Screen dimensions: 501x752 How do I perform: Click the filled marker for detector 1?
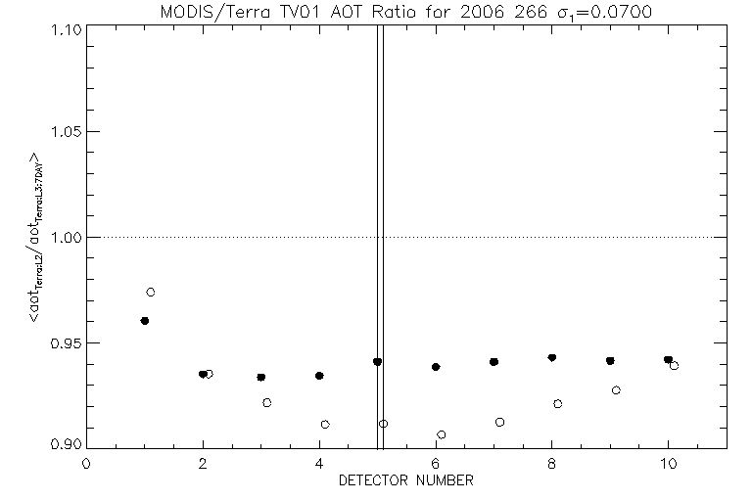point(145,321)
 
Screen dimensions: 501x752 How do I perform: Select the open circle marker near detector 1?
point(151,292)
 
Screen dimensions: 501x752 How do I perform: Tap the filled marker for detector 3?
point(261,377)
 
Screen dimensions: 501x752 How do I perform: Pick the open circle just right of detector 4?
point(325,425)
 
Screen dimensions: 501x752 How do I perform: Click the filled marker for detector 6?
point(436,367)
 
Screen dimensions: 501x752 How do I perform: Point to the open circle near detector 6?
point(442,434)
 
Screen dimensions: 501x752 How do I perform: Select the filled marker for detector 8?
point(552,358)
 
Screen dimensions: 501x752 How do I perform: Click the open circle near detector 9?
point(616,390)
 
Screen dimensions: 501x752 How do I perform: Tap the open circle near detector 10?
point(674,365)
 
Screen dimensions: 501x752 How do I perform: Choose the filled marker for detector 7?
point(493,362)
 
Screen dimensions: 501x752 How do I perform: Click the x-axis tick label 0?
point(86,466)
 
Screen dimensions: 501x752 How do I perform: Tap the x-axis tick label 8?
point(552,466)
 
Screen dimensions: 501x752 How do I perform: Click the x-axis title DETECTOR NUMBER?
point(405,481)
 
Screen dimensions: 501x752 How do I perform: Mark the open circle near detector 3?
point(267,402)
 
